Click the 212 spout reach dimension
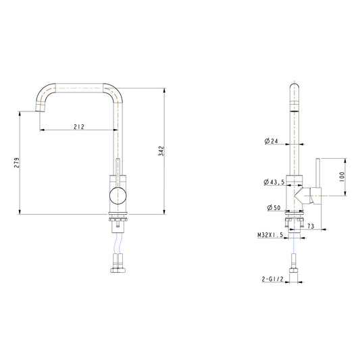point(79,126)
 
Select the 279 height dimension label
point(17,163)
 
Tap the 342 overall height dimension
point(161,151)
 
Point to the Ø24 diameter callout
point(271,141)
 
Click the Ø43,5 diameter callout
point(274,182)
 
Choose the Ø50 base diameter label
point(274,208)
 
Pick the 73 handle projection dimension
point(311,226)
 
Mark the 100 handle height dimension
point(342,177)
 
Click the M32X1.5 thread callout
point(270,235)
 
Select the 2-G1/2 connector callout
point(273,279)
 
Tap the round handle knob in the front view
point(118,196)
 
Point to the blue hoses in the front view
point(118,243)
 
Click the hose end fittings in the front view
point(118,263)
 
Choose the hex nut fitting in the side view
point(294,270)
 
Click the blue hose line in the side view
point(294,243)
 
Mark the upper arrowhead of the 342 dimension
point(164,91)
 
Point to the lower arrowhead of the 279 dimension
point(20,211)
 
